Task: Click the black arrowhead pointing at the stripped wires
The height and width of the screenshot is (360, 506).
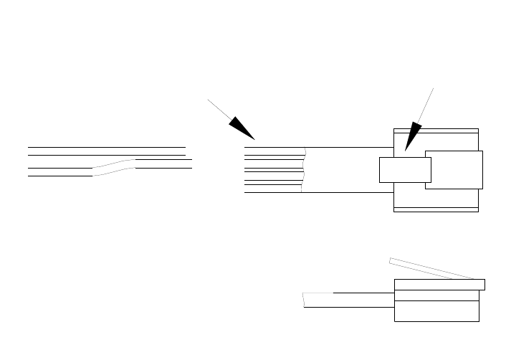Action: pyautogui.click(x=243, y=128)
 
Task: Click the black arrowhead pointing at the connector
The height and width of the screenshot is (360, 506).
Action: pyautogui.click(x=412, y=137)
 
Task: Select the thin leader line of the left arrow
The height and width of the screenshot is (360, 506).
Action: pyautogui.click(x=218, y=108)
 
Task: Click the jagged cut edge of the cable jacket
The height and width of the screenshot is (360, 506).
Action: pyautogui.click(x=304, y=171)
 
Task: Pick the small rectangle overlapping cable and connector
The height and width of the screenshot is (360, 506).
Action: pyautogui.click(x=404, y=170)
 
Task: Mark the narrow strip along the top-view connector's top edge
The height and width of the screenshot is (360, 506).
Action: pyautogui.click(x=436, y=131)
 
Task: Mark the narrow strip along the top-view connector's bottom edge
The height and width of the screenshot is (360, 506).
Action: pyautogui.click(x=436, y=209)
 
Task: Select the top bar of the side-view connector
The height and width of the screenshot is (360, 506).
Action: pyautogui.click(x=439, y=285)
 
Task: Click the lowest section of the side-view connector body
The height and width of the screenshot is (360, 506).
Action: pyautogui.click(x=436, y=311)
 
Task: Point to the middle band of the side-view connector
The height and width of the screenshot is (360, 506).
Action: pyautogui.click(x=436, y=295)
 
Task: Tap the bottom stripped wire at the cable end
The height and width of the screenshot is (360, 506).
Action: pyautogui.click(x=272, y=192)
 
